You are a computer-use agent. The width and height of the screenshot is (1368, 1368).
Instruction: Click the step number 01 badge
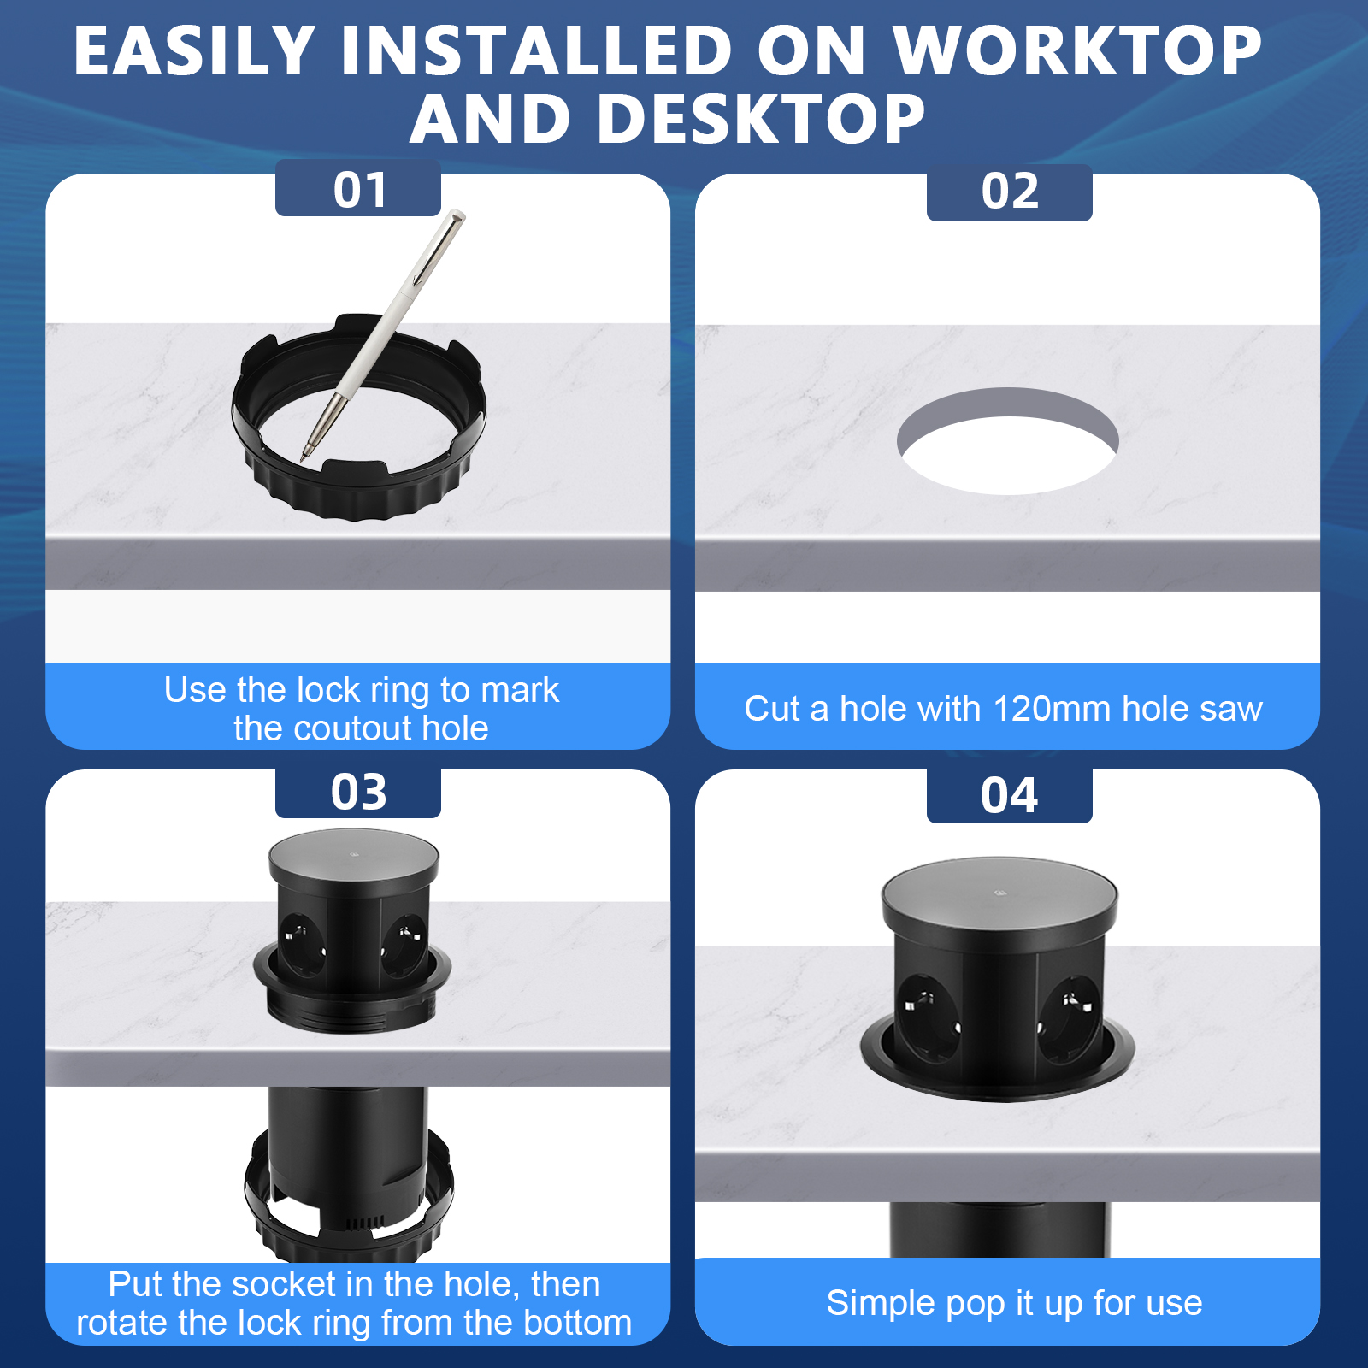[358, 188]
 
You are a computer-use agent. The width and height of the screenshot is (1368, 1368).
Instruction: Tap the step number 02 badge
[1010, 192]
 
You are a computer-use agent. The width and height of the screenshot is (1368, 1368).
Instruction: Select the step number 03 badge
[358, 793]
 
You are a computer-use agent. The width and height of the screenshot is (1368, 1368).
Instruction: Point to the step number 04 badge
[1010, 796]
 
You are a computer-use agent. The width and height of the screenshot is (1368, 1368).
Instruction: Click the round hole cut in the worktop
[1008, 441]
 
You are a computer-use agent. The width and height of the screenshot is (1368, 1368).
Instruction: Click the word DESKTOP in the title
[761, 119]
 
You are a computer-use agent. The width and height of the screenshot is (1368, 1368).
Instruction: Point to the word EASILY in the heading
[195, 50]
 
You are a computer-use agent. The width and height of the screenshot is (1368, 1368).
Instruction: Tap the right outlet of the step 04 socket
[1070, 1018]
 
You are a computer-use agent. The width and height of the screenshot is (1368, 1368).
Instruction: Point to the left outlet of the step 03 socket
[303, 944]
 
